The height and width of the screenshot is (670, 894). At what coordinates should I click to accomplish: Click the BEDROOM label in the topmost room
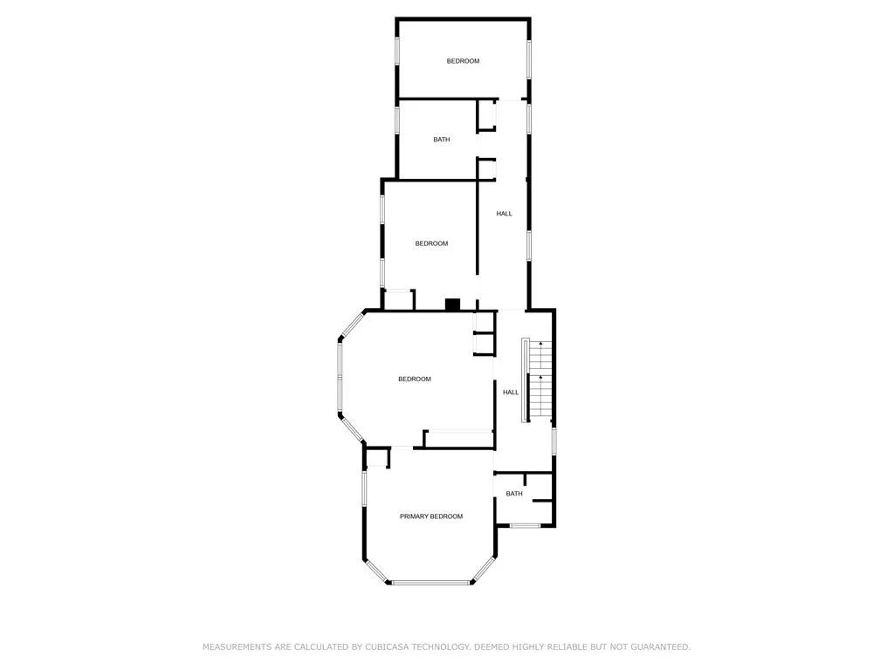click(x=463, y=61)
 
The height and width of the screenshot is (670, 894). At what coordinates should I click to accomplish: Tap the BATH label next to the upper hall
click(x=441, y=140)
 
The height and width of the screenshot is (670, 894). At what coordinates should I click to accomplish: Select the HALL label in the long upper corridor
click(x=504, y=214)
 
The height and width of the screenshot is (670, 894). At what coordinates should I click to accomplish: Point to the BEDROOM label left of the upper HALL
click(x=431, y=244)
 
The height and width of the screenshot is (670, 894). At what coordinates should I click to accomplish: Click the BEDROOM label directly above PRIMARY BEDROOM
click(x=415, y=379)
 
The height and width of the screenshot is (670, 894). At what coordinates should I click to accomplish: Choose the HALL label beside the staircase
click(x=511, y=393)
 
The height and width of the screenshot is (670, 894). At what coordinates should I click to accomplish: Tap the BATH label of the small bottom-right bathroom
click(x=514, y=494)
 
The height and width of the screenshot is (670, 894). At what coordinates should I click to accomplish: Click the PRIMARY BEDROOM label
click(x=431, y=516)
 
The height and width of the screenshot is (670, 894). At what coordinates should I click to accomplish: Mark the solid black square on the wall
click(x=453, y=304)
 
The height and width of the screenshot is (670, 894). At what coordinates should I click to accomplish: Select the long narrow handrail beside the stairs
click(x=525, y=380)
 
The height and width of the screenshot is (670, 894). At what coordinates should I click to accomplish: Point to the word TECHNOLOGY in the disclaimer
click(x=441, y=647)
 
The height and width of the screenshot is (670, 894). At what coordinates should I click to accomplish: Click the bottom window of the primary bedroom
click(x=430, y=582)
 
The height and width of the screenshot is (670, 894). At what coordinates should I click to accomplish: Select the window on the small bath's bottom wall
click(x=525, y=525)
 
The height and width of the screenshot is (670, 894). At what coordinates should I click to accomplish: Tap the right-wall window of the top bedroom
click(x=529, y=59)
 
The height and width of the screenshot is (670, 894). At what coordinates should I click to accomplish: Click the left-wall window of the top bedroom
click(x=397, y=51)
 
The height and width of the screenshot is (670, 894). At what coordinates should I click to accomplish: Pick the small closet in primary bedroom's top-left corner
click(x=377, y=458)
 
